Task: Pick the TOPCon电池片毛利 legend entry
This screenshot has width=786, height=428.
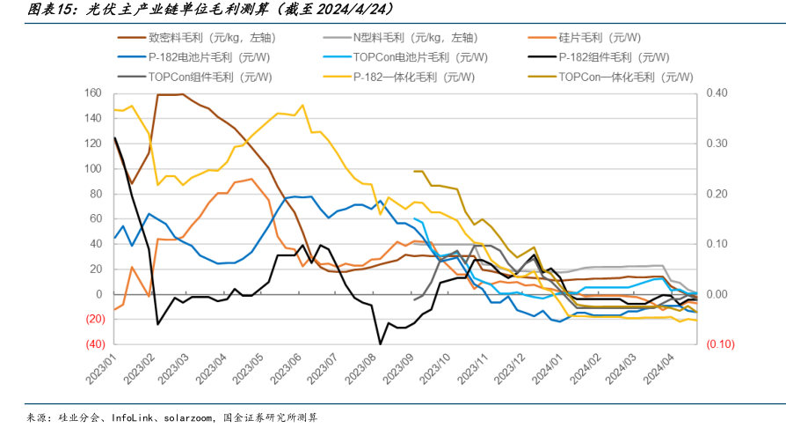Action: click(x=419, y=57)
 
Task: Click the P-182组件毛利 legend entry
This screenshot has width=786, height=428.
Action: click(x=608, y=57)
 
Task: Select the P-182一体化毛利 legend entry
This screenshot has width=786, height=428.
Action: click(x=412, y=77)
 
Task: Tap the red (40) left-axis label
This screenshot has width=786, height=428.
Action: click(x=91, y=344)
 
